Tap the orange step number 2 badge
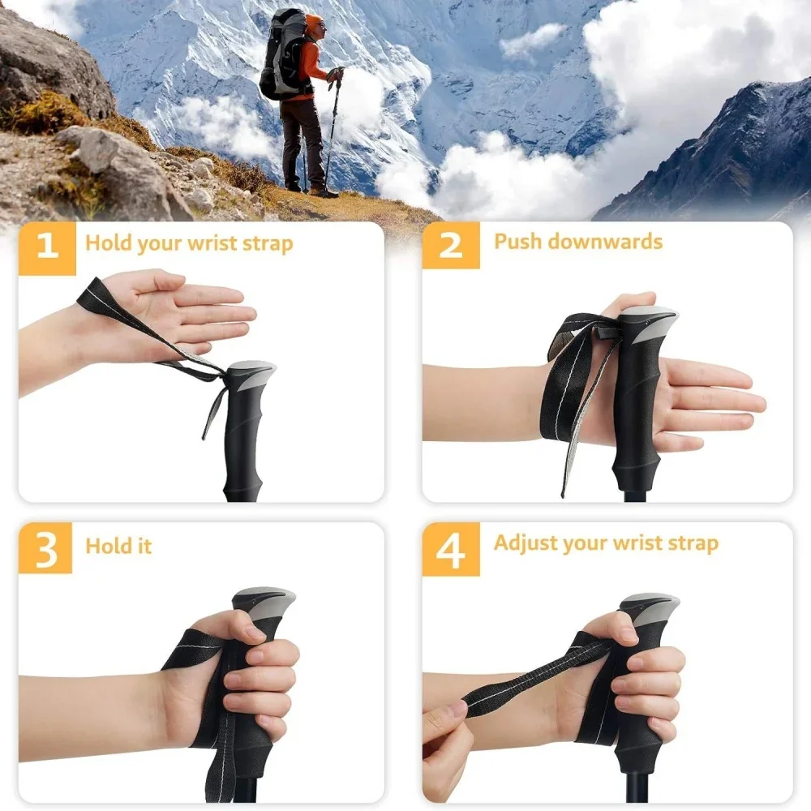(450, 246)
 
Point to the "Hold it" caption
(118, 546)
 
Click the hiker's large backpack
(280, 57)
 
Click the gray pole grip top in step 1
(251, 375)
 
